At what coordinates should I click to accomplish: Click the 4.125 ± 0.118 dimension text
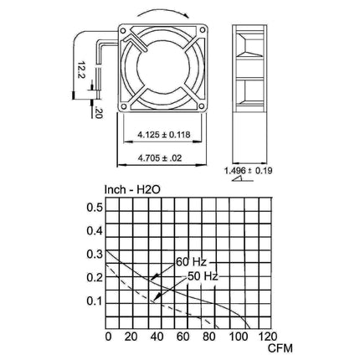(164, 135)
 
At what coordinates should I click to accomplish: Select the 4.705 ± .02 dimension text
(160, 158)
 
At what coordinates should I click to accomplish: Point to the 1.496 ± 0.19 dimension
(249, 171)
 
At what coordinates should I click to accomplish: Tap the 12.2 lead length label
(81, 70)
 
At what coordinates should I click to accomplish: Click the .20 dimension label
(99, 112)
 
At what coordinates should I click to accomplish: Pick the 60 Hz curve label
(191, 262)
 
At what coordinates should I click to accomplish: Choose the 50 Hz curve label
(203, 276)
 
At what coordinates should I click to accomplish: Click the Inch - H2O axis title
(132, 190)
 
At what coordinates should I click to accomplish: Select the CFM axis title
(280, 348)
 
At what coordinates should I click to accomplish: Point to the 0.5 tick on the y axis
(95, 208)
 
